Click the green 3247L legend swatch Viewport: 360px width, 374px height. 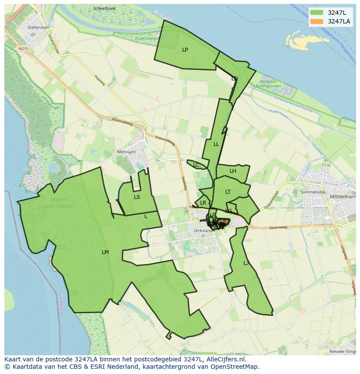tap(317, 13)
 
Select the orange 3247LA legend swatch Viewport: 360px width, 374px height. tap(317, 21)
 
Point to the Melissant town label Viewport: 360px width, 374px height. tap(127, 152)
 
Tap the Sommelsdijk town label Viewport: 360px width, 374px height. tap(313, 192)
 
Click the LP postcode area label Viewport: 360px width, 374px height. tap(185, 50)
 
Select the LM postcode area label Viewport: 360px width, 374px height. tap(105, 252)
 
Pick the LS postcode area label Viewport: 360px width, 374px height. tap(137, 197)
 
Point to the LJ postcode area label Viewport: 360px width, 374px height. tap(246, 263)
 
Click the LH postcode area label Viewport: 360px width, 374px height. tap(233, 171)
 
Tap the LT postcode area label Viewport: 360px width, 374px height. tap(228, 192)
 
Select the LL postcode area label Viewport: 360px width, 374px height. tap(216, 144)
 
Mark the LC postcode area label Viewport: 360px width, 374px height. tap(196, 165)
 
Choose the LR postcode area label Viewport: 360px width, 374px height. tap(203, 203)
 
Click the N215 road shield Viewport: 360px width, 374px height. tap(23, 49)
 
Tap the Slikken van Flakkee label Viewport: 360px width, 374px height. tap(59, 202)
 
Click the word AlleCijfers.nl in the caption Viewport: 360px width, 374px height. tap(225, 360)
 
